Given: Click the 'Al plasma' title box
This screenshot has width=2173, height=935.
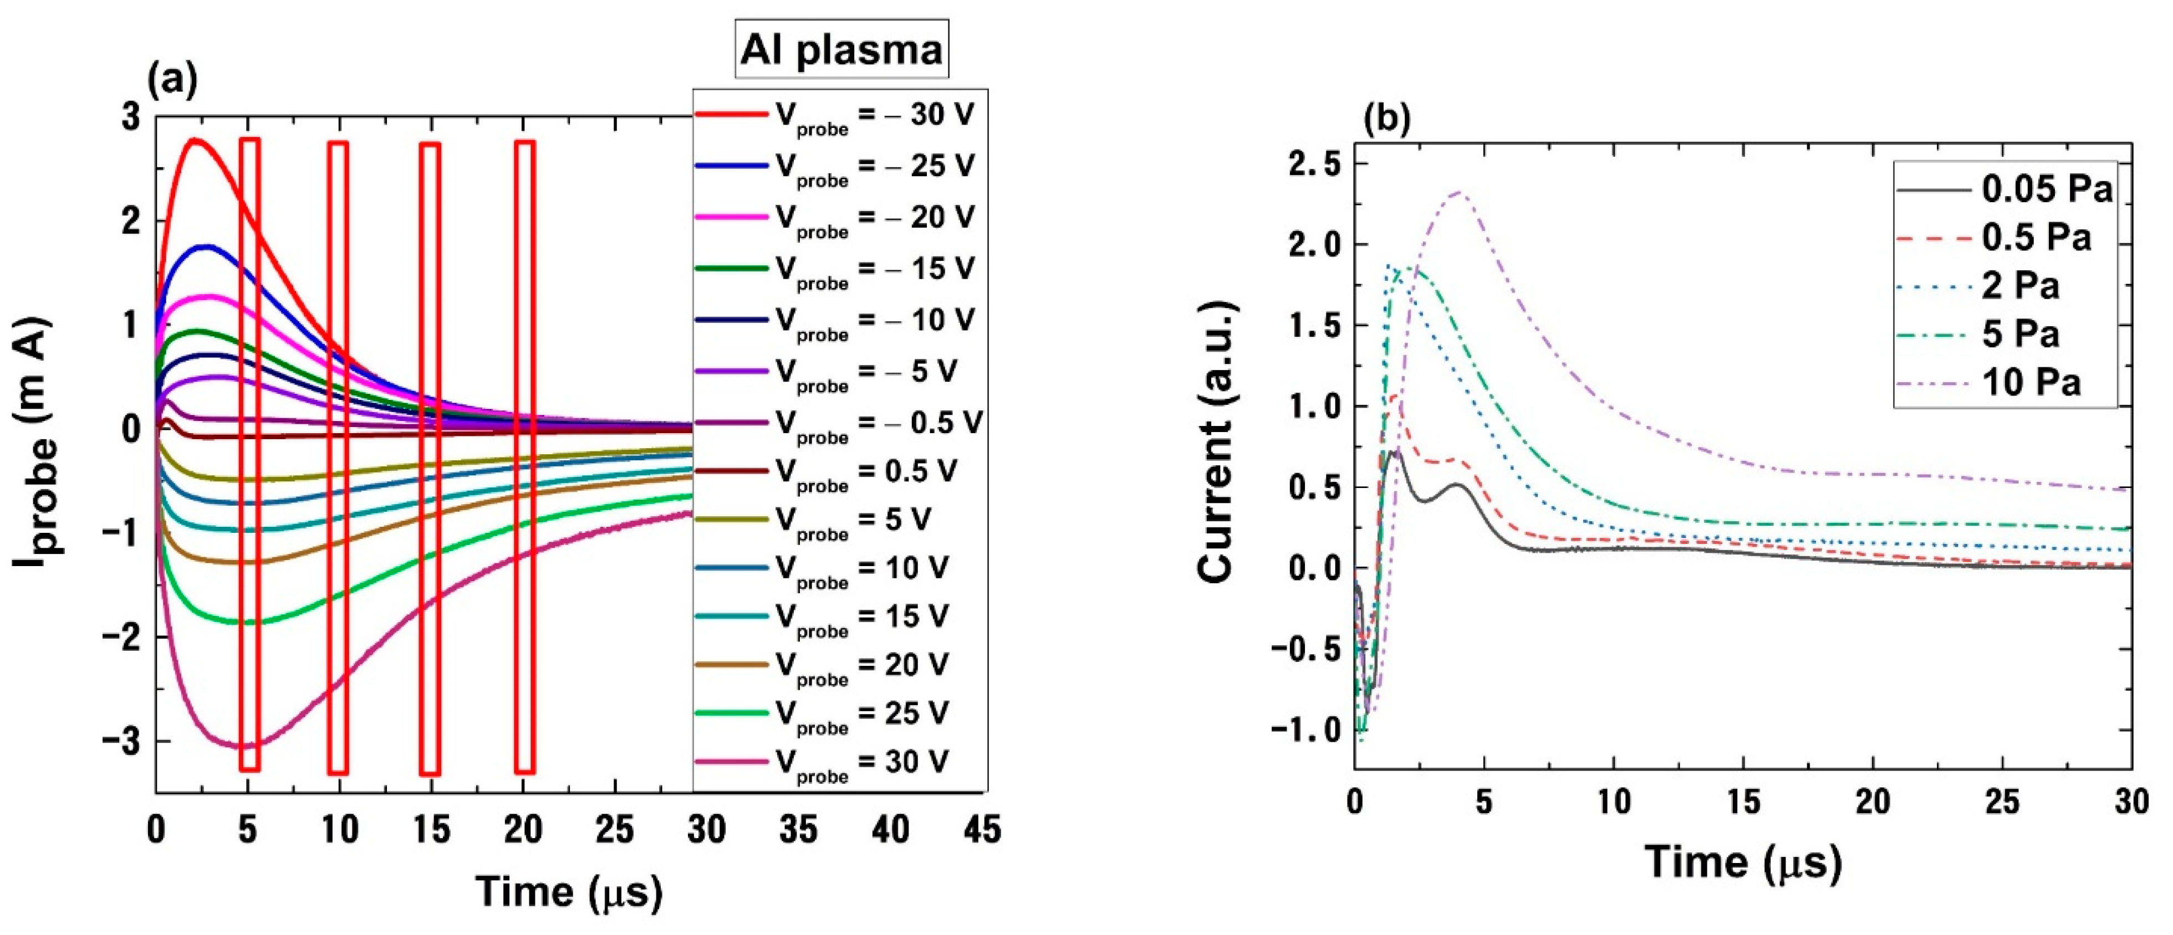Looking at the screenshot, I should (841, 49).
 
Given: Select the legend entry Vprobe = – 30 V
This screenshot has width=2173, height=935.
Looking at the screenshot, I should (835, 116).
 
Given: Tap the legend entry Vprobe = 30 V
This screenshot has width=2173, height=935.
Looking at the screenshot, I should (823, 763).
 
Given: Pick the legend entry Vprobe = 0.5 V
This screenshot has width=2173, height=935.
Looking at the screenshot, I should (827, 471).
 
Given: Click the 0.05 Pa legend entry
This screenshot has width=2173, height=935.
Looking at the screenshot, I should (2003, 188).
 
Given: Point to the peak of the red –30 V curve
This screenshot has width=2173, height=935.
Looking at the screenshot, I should (196, 139).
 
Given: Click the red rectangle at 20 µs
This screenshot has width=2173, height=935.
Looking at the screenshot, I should (525, 456).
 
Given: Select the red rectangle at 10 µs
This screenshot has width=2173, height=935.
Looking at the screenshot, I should (338, 456).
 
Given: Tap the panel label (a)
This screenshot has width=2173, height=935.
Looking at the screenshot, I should (172, 80).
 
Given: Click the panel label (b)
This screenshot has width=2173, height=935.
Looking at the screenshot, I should (1386, 120).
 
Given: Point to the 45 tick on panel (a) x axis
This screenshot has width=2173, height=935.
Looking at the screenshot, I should (982, 830).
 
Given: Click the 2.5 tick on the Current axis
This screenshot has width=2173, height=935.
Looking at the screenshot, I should (1314, 165).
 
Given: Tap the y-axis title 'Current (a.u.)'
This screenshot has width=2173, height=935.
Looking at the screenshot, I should (1217, 442).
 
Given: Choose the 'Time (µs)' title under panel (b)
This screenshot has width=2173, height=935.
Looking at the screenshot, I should (1743, 864).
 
